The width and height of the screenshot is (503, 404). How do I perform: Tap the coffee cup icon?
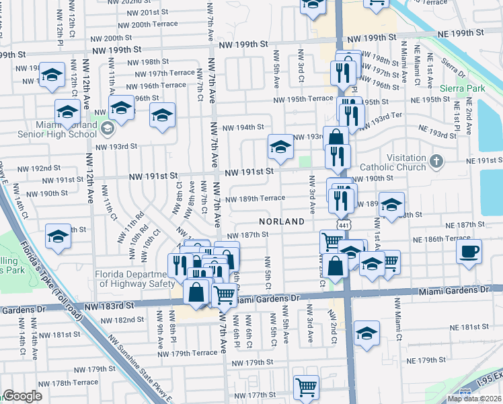[x=469, y=252]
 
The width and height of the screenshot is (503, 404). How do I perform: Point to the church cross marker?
[x=437, y=162]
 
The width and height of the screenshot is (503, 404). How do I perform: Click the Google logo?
[x=22, y=396]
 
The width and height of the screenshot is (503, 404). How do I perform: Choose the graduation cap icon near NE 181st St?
[x=366, y=333]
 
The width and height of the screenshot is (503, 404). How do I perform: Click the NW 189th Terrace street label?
[x=255, y=199]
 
